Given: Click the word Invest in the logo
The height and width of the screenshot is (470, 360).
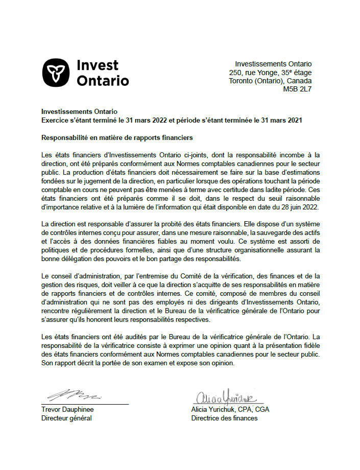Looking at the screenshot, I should click(x=97, y=65).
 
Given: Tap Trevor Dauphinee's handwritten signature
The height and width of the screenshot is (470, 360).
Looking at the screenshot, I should click(x=75, y=395).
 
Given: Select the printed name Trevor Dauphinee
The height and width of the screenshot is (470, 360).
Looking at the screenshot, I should click(x=67, y=410).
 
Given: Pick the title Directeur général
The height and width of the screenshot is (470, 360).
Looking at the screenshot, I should click(x=66, y=418).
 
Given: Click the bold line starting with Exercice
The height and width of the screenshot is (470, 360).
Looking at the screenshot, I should click(x=172, y=120).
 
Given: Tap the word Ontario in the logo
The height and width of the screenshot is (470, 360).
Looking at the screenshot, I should click(x=102, y=81).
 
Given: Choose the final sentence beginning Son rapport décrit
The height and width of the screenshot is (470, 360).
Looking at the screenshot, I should click(x=138, y=363).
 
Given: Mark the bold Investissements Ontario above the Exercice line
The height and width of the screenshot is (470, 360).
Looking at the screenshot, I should click(x=79, y=111).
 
